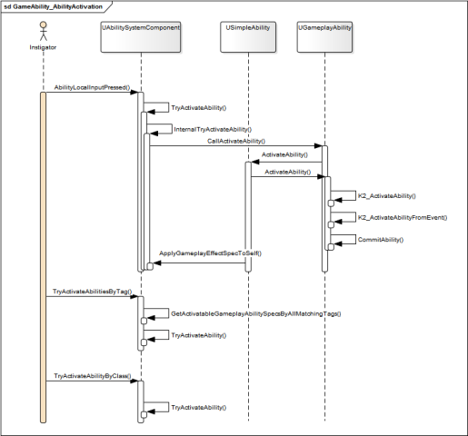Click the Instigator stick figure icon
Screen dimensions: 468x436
[44, 31]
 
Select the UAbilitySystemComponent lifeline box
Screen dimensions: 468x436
[141, 37]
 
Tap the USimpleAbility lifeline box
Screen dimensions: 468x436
[248, 37]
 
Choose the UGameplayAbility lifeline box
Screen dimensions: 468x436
[324, 37]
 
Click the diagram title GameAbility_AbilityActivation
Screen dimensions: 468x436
[57, 6]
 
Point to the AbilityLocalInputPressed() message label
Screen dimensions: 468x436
[92, 87]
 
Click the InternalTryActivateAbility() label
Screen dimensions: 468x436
[213, 129]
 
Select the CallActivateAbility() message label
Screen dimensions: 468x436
[236, 141]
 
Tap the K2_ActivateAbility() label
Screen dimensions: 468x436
[387, 196]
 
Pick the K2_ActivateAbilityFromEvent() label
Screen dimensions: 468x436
[403, 217]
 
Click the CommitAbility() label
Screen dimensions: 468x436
[381, 240]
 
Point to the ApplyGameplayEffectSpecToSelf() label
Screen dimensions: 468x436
[210, 253]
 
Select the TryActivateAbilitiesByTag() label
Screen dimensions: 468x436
[93, 292]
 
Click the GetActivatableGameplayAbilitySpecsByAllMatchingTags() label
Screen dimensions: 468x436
[256, 313]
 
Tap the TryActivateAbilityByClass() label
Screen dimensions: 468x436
[93, 376]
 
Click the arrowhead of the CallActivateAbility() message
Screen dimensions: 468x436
[318, 146]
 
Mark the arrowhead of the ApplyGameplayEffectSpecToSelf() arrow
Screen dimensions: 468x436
[157, 263]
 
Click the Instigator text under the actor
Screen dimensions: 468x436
[43, 47]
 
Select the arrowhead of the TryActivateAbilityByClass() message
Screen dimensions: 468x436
[134, 381]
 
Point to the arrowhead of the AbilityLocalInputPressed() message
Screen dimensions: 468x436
[134, 92]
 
